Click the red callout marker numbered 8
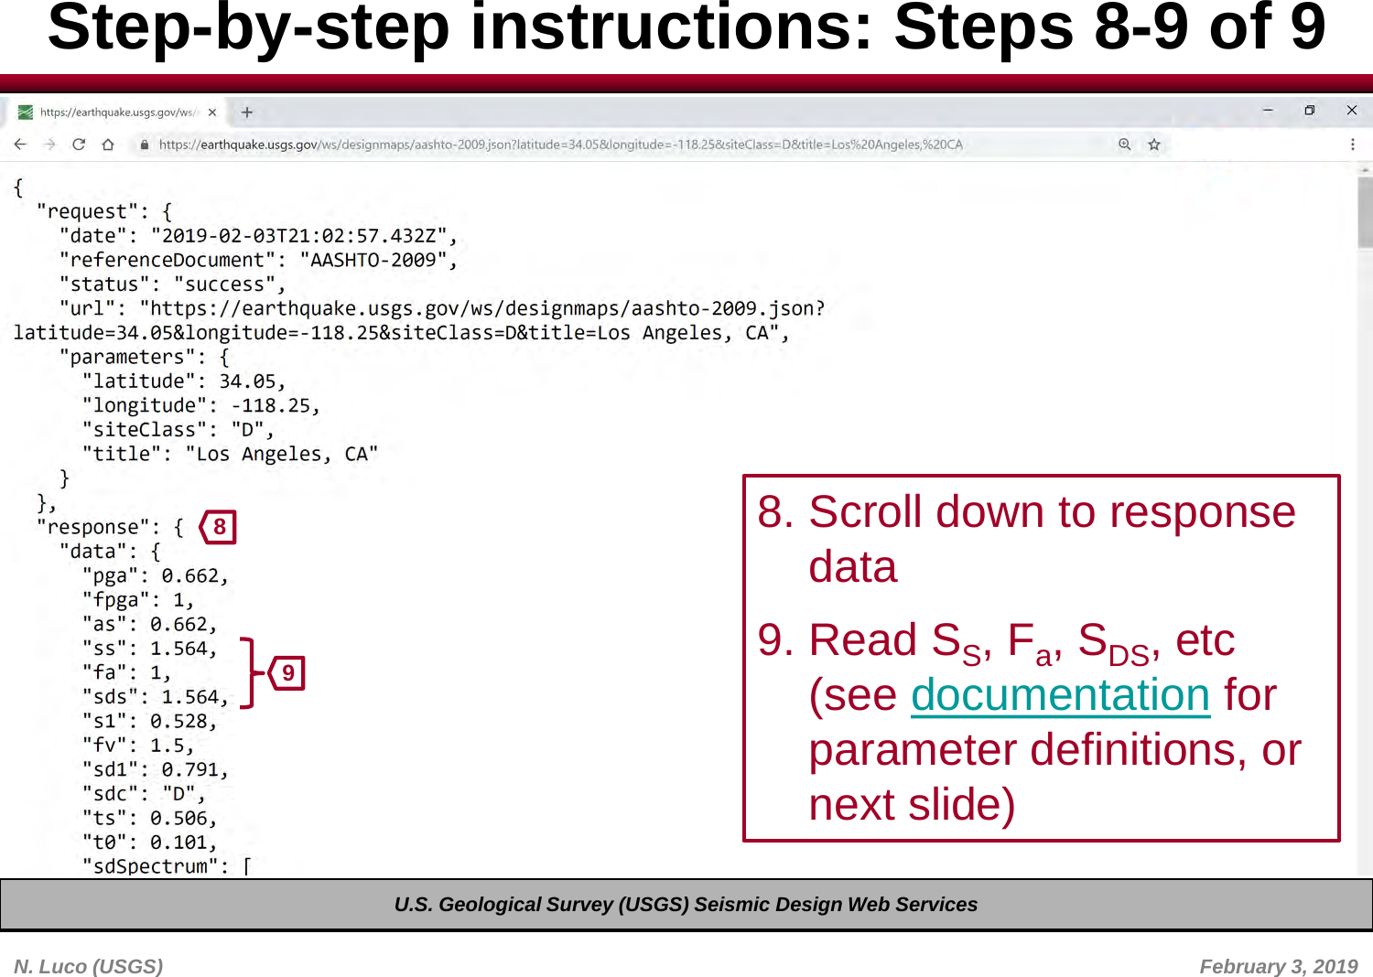coord(219,527)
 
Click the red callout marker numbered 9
coord(287,673)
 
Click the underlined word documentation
coord(1060,694)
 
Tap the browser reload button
coord(79,145)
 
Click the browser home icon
coord(108,145)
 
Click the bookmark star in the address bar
coord(1154,145)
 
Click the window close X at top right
coord(1352,111)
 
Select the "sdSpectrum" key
coord(150,866)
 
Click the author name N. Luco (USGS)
coord(89,966)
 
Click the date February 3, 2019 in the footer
coord(1278,966)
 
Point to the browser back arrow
coord(20,145)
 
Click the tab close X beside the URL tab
coord(212,113)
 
